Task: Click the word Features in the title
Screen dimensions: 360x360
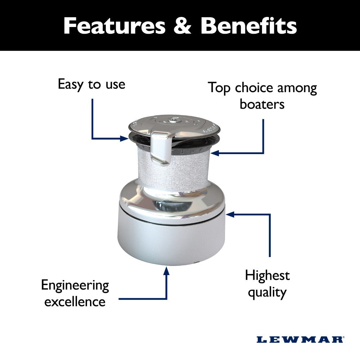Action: point(114,26)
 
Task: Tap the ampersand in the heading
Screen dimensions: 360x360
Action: point(182,26)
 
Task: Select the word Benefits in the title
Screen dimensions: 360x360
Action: point(249,26)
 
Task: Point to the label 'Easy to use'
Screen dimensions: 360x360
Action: point(91,85)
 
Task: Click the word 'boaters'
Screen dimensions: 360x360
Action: point(262,104)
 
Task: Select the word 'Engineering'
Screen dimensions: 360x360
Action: point(75,286)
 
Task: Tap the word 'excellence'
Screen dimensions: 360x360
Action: point(75,301)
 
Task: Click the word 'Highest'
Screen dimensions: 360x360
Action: point(267,275)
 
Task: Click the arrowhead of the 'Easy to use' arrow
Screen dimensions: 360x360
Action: point(124,139)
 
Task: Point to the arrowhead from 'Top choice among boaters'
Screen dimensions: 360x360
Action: point(215,153)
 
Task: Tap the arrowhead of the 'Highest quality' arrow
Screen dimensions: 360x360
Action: point(230,215)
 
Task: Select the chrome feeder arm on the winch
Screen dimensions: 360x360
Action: point(161,147)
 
